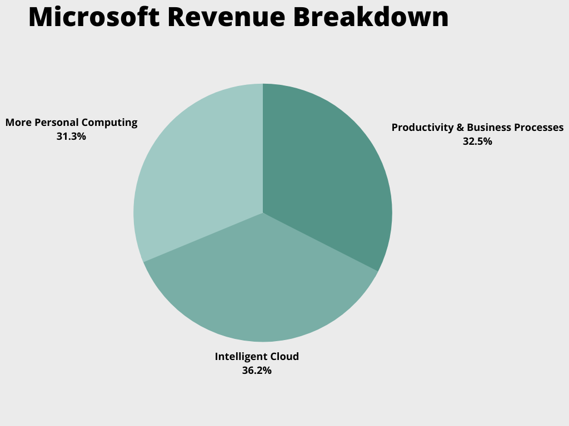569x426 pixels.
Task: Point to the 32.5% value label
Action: click(477, 141)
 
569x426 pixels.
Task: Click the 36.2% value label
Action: click(257, 371)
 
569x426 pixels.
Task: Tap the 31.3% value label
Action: click(71, 136)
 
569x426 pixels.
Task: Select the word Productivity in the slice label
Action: click(422, 128)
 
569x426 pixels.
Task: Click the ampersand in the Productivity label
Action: click(460, 128)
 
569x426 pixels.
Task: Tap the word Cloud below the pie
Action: click(284, 357)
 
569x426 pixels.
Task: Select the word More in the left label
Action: click(16, 123)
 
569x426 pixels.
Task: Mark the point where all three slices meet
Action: click(263, 213)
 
